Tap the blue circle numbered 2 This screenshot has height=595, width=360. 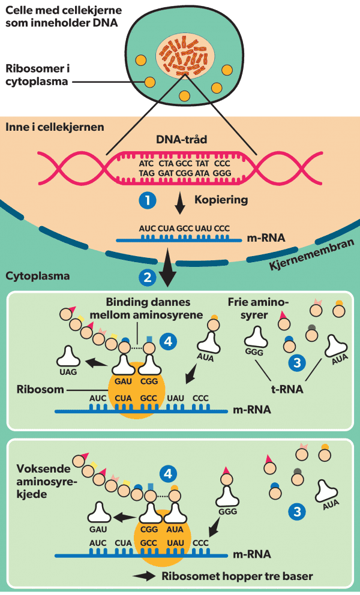coord(147,277)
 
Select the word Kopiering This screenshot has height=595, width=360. coord(221,200)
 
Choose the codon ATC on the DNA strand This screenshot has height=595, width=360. coord(146,163)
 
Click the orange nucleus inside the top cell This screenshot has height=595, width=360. coord(185,55)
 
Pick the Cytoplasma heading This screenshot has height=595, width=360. coord(37,277)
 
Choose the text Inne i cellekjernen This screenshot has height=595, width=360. coord(54,127)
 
